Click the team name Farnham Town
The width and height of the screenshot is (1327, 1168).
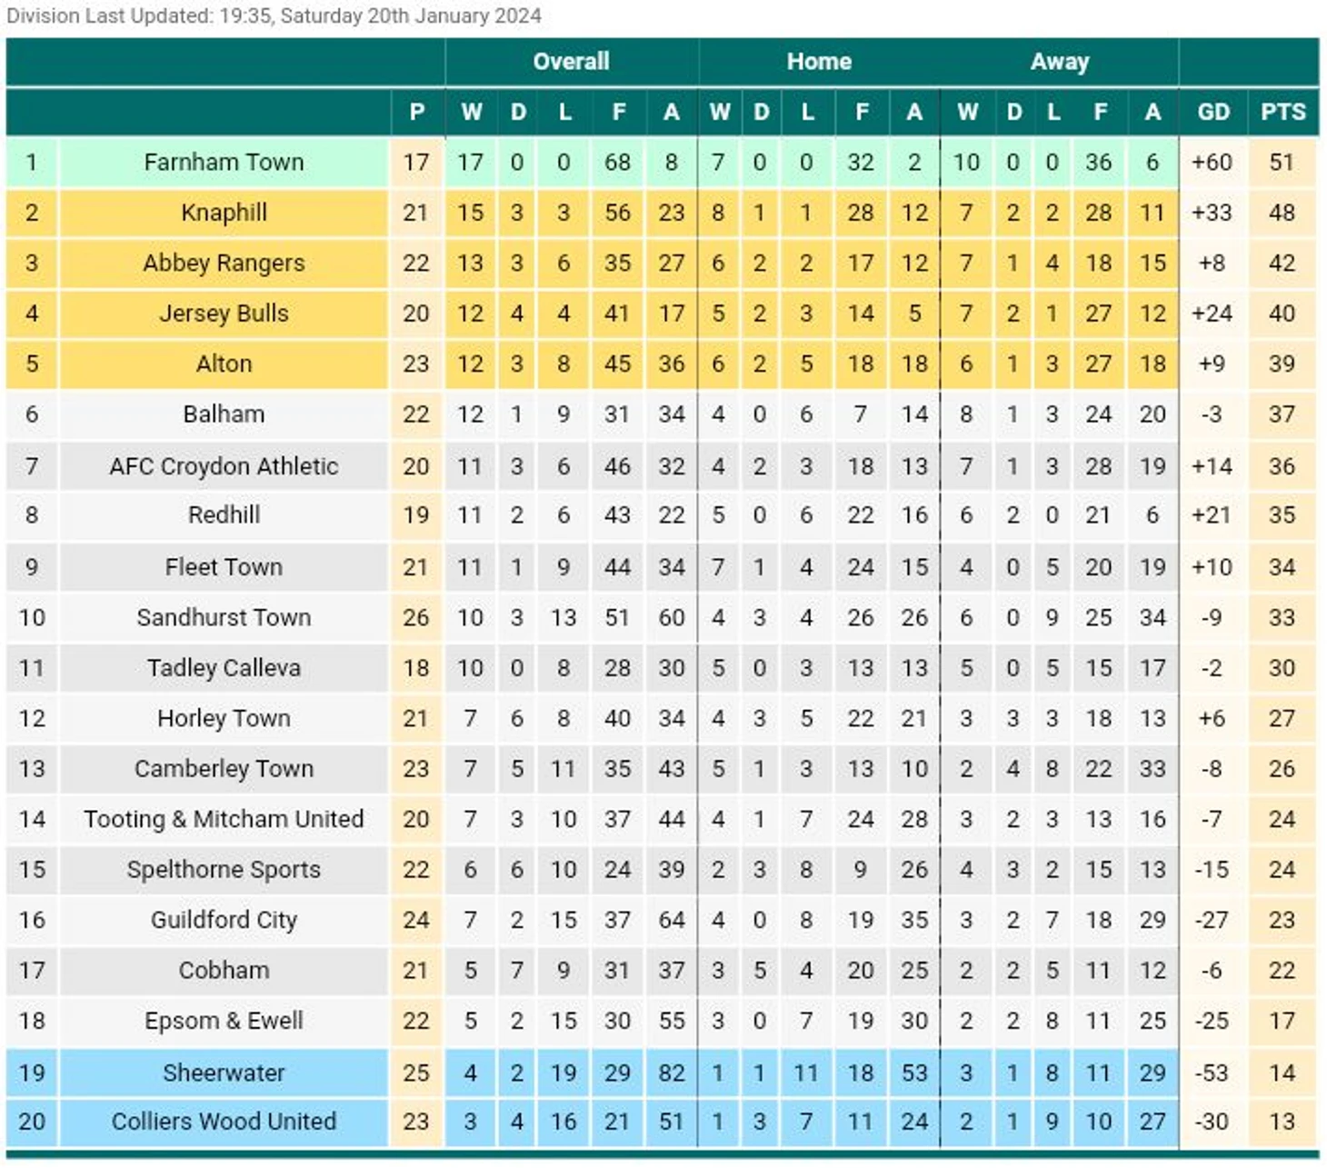tap(224, 163)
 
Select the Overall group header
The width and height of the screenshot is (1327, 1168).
tap(571, 62)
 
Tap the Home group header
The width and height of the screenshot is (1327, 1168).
tap(819, 62)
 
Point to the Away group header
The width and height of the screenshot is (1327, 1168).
tap(1059, 62)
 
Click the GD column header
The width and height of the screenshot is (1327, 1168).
tap(1212, 112)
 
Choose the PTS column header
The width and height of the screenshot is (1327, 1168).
tap(1282, 112)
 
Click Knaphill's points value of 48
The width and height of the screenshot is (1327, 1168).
tap(1282, 213)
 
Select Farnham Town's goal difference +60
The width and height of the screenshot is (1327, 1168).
tap(1212, 163)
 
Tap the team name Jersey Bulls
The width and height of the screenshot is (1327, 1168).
tap(224, 314)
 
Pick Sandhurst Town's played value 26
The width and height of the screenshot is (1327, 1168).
tap(416, 618)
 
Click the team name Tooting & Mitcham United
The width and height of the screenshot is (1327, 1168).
tap(224, 819)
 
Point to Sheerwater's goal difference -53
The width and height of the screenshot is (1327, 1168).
tap(1212, 1073)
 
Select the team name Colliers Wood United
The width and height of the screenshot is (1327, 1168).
tap(224, 1122)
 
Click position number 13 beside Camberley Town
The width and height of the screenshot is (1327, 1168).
tap(32, 769)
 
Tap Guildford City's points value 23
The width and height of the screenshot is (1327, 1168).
tap(1282, 920)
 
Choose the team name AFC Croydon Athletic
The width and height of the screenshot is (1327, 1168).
tap(224, 466)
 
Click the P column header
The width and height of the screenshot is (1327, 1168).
tap(416, 112)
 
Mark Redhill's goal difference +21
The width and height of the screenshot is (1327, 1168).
tap(1212, 515)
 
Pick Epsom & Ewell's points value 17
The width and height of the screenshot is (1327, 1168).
tap(1282, 1021)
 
